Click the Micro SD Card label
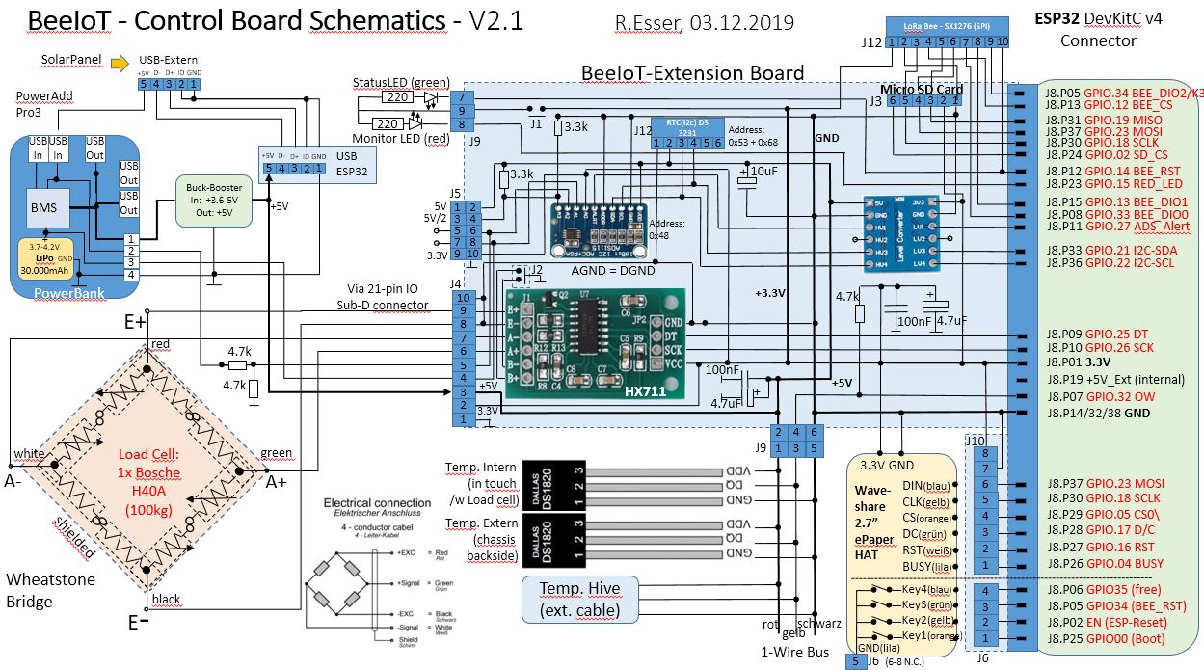click(922, 89)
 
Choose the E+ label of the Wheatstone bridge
click(133, 322)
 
